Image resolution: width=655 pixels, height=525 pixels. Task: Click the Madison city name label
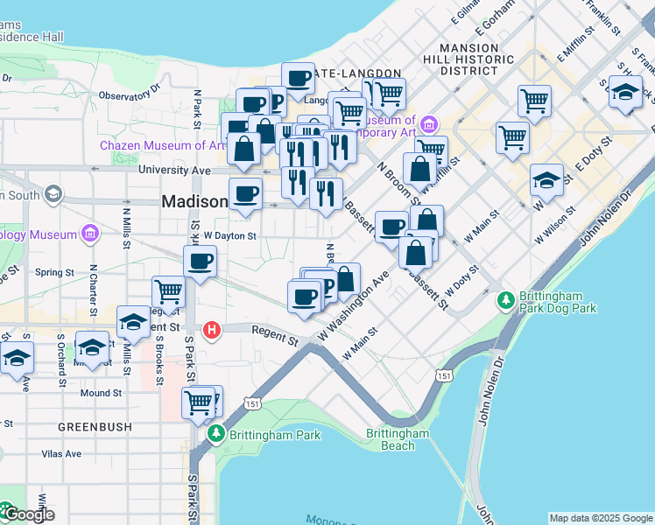[x=194, y=201]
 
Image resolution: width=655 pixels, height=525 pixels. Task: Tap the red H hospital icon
[x=211, y=331]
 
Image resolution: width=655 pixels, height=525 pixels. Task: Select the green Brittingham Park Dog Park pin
[x=506, y=301]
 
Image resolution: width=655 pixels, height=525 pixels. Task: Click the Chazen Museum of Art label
[x=164, y=145]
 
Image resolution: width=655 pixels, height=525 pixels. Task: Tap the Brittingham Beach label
[x=398, y=439]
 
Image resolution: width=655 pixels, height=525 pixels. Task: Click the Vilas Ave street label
[x=61, y=454]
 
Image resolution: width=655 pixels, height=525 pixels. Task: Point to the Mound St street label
[x=95, y=393]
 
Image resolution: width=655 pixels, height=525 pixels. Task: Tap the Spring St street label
[x=53, y=272]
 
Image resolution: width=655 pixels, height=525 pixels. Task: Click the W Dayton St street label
[x=229, y=235]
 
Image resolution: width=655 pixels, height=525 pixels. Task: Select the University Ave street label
[x=175, y=170]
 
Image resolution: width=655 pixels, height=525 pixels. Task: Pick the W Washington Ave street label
[x=354, y=306]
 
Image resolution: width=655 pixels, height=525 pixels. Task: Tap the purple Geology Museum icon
[x=89, y=234]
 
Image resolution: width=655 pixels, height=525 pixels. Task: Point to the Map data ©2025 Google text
[x=600, y=518]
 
